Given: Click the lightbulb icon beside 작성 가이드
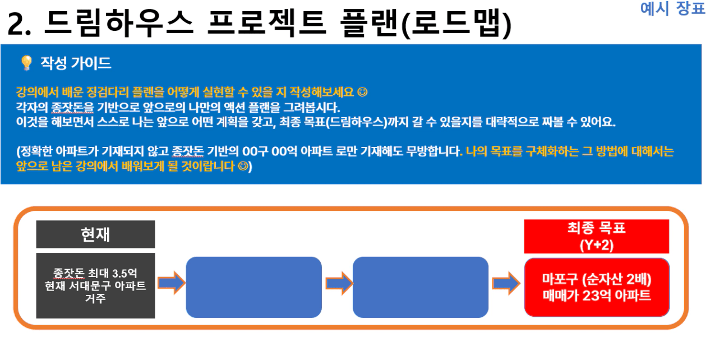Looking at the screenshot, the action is pyautogui.click(x=26, y=63).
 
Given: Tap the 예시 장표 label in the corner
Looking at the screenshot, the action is pyautogui.click(x=672, y=8).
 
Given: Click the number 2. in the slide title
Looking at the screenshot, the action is pyautogui.click(x=19, y=24).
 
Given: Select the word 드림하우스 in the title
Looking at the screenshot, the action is pyautogui.click(x=118, y=23).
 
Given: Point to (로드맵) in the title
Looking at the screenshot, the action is pyautogui.click(x=457, y=24).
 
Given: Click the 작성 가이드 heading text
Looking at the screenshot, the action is pyautogui.click(x=76, y=63).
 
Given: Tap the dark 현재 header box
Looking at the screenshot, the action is pyautogui.click(x=95, y=234).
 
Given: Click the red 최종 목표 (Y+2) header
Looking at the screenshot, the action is pyautogui.click(x=597, y=237).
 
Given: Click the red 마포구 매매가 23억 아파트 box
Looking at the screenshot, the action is pyautogui.click(x=597, y=287).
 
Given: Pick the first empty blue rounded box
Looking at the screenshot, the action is pyautogui.click(x=253, y=287).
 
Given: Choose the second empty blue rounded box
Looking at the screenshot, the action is pyautogui.click(x=421, y=287).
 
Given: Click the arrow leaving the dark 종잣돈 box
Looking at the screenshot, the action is pyautogui.click(x=171, y=283).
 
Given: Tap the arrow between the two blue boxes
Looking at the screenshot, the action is pyautogui.click(x=339, y=283).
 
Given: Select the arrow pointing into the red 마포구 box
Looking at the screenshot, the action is pyautogui.click(x=506, y=283).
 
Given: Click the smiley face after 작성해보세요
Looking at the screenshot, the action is pyautogui.click(x=362, y=92).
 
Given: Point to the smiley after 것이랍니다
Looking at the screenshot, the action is pyautogui.click(x=243, y=166).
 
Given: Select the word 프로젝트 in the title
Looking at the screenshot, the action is pyautogui.click(x=266, y=23).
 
